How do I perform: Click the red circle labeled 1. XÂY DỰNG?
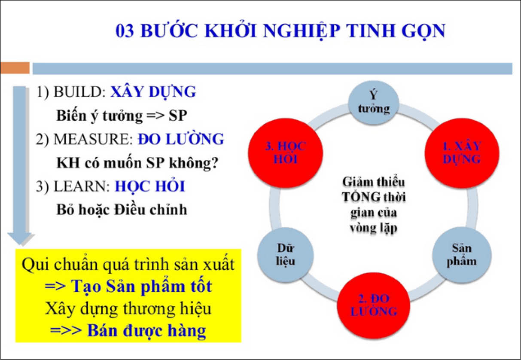[462, 153]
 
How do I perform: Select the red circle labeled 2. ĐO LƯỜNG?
[374, 305]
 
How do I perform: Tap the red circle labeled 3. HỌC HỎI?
[285, 153]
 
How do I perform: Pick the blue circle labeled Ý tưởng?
[374, 103]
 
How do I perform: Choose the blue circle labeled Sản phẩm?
[462, 255]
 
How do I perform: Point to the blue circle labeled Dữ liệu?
[285, 255]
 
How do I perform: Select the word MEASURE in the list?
[93, 139]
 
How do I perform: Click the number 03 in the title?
[125, 31]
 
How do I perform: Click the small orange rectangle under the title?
[15, 68]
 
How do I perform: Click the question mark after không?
[215, 162]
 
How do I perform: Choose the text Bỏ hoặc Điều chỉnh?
[122, 210]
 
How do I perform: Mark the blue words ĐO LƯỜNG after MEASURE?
[181, 139]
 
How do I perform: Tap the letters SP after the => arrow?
[178, 116]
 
